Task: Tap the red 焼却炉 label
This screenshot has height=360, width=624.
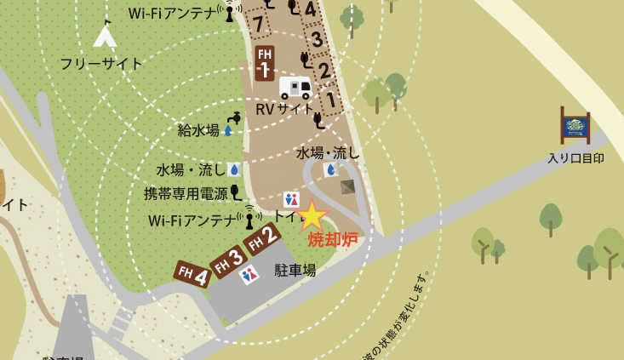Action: tap(332, 239)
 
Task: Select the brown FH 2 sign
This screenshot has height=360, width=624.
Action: tap(262, 238)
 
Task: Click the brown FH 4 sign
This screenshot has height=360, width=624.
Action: tap(192, 275)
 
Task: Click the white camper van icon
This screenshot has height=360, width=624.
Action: tap(295, 87)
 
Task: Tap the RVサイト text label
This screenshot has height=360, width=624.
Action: tap(284, 109)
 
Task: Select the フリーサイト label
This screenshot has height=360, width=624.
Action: tap(101, 63)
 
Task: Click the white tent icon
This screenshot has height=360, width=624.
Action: tap(105, 35)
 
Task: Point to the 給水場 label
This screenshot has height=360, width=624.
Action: tap(198, 130)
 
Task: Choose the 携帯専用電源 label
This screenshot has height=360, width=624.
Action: tap(186, 193)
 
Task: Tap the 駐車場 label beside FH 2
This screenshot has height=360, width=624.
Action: tap(295, 270)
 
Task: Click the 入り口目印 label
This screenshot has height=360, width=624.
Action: tap(575, 157)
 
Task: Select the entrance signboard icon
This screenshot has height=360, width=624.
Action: tap(575, 126)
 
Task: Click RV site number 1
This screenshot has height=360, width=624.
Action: tap(330, 100)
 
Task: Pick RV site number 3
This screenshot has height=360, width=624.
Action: tap(316, 40)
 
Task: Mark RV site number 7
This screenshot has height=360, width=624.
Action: tap(258, 24)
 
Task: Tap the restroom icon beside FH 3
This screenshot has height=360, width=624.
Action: tap(249, 275)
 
